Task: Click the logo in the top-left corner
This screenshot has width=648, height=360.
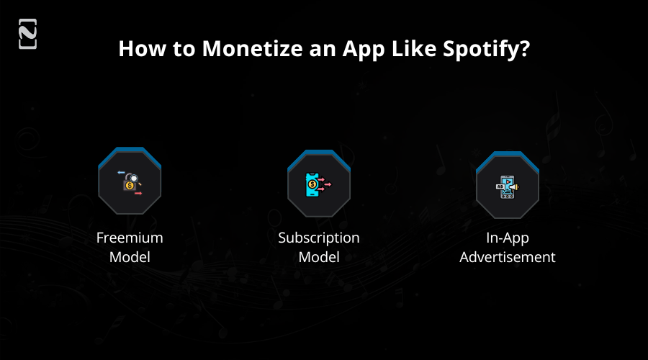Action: pyautogui.click(x=27, y=35)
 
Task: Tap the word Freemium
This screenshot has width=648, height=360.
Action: pyautogui.click(x=130, y=238)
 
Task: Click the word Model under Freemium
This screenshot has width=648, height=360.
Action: pyautogui.click(x=130, y=256)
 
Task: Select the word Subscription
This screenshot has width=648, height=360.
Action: pyautogui.click(x=318, y=238)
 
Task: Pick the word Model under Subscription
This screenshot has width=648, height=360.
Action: pyautogui.click(x=318, y=256)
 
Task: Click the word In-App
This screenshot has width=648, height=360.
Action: pyautogui.click(x=508, y=238)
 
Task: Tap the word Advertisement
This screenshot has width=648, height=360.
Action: pyautogui.click(x=508, y=256)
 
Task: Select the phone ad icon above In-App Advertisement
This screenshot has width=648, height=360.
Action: pyautogui.click(x=508, y=186)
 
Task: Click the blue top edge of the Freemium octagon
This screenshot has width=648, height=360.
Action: pyautogui.click(x=130, y=151)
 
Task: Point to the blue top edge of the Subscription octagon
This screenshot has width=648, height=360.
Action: pyautogui.click(x=318, y=153)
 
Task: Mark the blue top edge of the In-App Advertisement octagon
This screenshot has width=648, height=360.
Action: pyautogui.click(x=508, y=155)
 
